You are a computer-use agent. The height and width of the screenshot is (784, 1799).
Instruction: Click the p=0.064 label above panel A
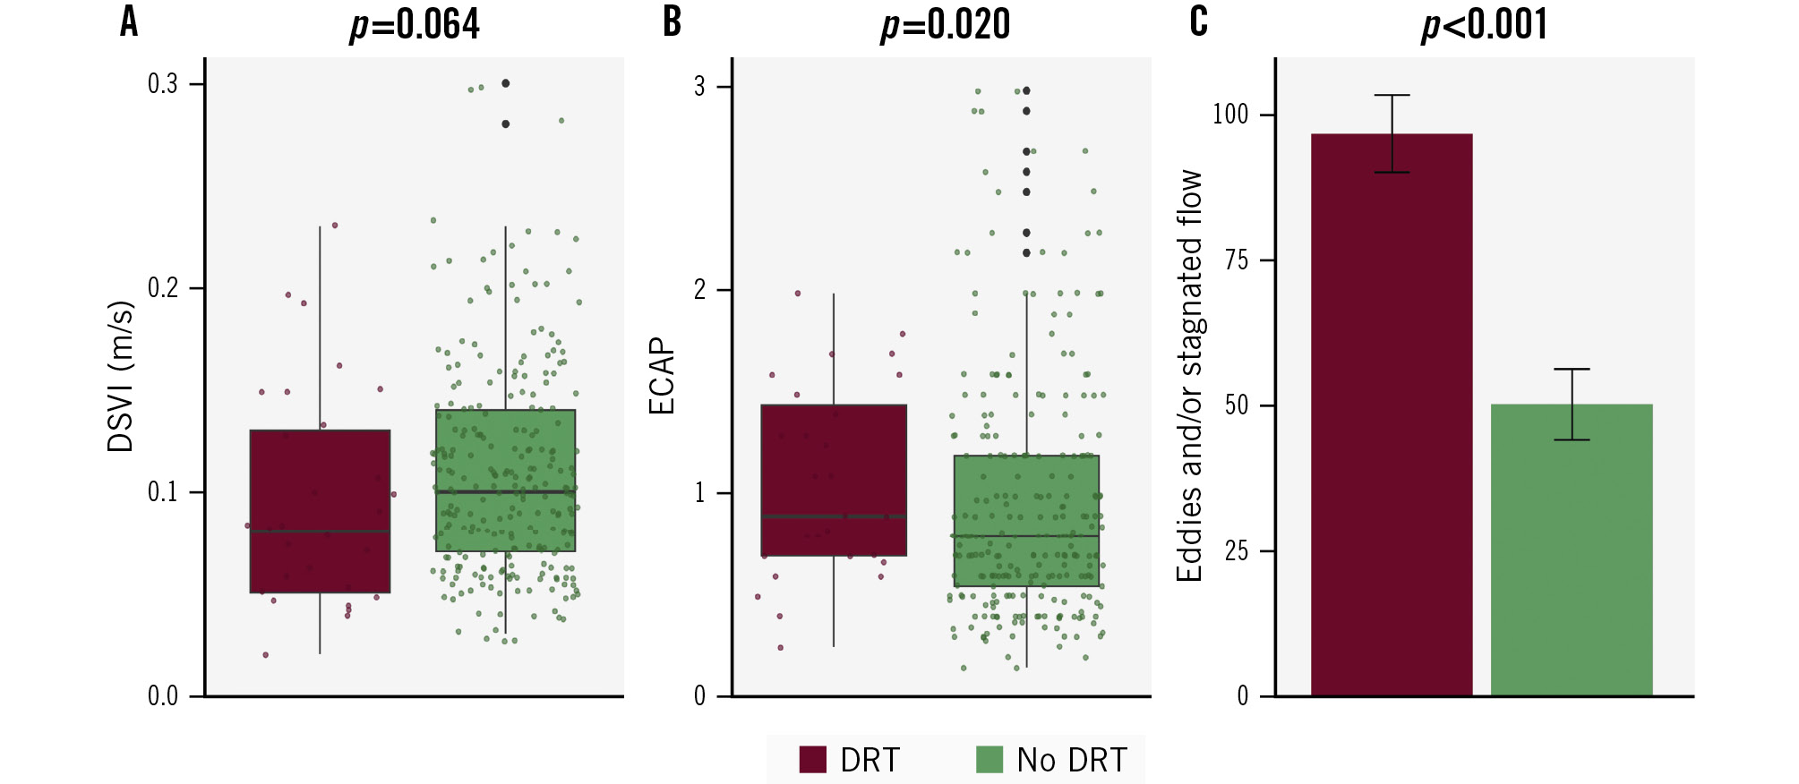pyautogui.click(x=415, y=24)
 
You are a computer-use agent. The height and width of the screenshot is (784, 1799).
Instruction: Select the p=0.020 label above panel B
pyautogui.click(x=946, y=24)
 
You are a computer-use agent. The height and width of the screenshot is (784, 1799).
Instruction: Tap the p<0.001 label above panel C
pyautogui.click(x=1485, y=24)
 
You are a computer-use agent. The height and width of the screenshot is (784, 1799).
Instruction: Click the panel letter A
pyautogui.click(x=129, y=21)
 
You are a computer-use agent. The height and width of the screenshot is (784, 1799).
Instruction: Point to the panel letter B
pyautogui.click(x=672, y=21)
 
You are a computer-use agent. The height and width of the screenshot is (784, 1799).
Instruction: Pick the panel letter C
pyautogui.click(x=1198, y=21)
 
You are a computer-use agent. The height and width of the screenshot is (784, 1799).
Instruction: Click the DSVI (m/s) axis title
pyautogui.click(x=120, y=376)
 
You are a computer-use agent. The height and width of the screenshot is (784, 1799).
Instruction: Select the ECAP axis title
pyautogui.click(x=661, y=376)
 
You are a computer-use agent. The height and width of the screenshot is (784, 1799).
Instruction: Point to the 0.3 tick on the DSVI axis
pyautogui.click(x=163, y=84)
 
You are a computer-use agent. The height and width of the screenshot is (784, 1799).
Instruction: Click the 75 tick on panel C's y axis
pyautogui.click(x=1237, y=260)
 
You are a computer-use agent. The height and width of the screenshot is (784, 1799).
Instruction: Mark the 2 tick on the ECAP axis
pyautogui.click(x=700, y=290)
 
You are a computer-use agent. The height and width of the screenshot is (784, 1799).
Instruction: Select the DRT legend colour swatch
pyautogui.click(x=812, y=760)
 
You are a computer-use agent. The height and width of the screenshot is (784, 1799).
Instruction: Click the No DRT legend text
pyautogui.click(x=1071, y=760)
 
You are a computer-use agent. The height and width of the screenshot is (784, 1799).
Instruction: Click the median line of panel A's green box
pyautogui.click(x=506, y=491)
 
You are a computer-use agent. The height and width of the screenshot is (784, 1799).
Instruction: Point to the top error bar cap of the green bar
pyautogui.click(x=1572, y=369)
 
